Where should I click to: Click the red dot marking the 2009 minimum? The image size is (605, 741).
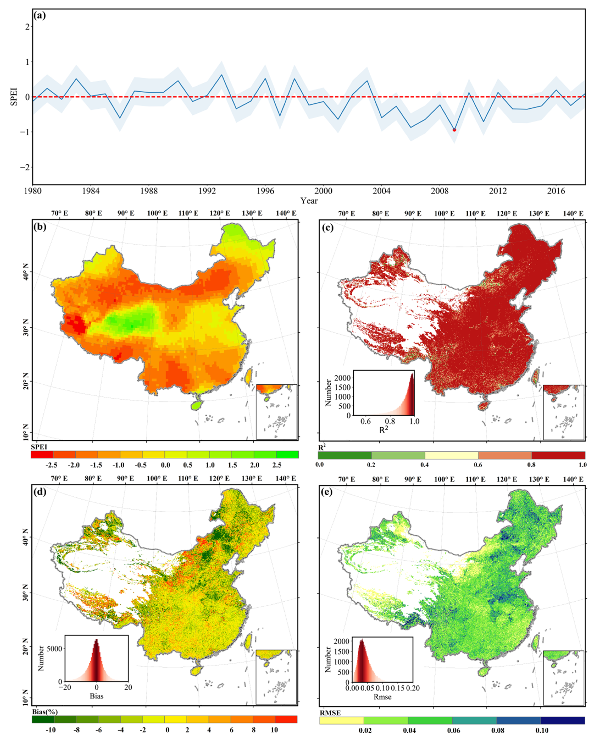tap(454, 129)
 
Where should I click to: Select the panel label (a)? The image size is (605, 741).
tap(39, 16)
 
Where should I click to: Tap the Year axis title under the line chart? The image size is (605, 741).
tap(309, 201)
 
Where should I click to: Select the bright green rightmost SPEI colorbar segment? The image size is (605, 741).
tap(287, 454)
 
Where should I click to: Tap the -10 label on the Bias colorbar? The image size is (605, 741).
tap(51, 730)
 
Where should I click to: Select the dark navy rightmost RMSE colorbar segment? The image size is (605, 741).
tap(562, 720)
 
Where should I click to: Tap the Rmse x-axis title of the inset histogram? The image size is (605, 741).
tap(382, 697)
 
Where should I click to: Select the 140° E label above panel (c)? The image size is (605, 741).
tap(573, 213)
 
